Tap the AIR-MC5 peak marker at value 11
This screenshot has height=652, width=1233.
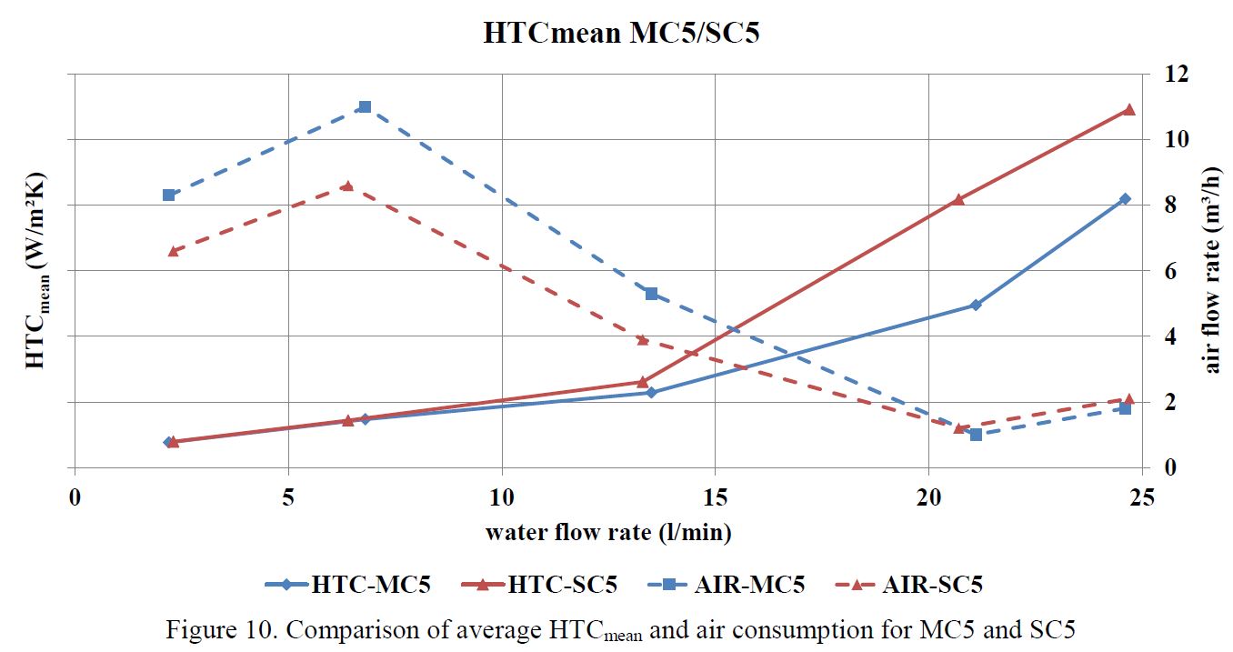click(365, 106)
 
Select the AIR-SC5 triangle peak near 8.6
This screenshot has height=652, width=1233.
click(346, 186)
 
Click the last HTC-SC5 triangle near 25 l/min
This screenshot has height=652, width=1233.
click(1129, 109)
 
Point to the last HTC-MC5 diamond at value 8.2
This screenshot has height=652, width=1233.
click(1125, 198)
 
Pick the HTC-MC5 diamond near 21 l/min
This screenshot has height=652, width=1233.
click(976, 305)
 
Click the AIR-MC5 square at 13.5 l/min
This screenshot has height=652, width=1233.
click(651, 294)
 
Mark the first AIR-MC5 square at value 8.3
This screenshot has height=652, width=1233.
click(168, 195)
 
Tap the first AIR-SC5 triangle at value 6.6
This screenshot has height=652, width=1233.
click(174, 251)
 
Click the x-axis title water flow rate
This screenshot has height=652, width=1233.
click(608, 532)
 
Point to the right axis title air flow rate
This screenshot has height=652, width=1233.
click(1213, 270)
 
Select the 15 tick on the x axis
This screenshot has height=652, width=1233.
click(715, 498)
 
